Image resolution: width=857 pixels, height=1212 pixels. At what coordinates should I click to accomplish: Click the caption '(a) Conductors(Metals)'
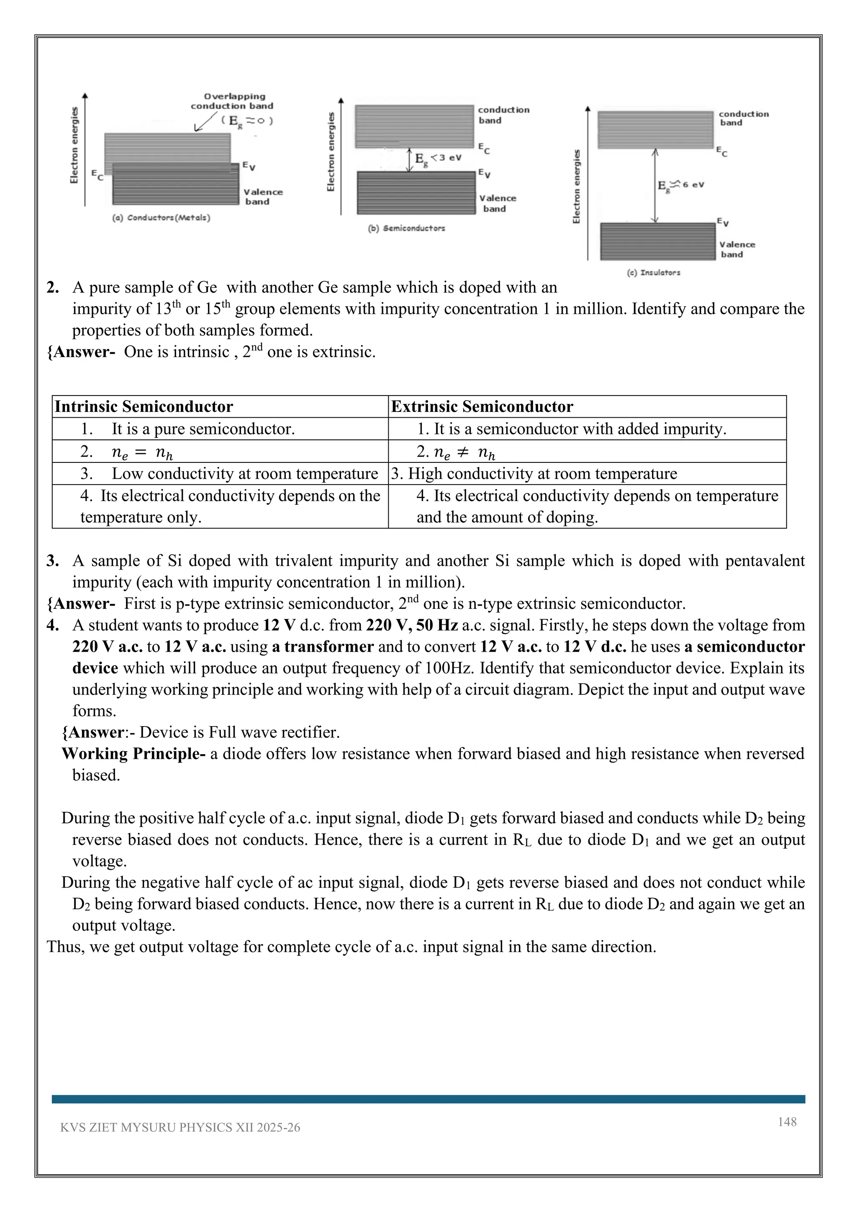[161, 218]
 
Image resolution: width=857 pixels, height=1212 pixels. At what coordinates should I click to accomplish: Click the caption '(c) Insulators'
[653, 273]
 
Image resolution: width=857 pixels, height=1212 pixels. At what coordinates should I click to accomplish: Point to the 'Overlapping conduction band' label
[232, 101]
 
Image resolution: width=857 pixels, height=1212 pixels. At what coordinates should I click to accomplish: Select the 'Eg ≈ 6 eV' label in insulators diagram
[681, 186]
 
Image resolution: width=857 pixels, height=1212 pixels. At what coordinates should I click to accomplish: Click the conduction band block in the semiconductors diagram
[414, 126]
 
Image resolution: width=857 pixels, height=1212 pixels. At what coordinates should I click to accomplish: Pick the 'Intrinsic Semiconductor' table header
[144, 406]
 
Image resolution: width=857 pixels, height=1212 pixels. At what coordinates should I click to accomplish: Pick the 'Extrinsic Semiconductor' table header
[482, 406]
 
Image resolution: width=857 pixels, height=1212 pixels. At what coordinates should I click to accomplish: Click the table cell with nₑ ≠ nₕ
[456, 452]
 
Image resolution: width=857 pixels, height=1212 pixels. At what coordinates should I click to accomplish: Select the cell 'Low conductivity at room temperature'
[244, 473]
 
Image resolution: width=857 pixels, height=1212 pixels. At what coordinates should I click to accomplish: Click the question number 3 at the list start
[53, 561]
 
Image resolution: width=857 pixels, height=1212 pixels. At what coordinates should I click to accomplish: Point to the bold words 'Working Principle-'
[133, 753]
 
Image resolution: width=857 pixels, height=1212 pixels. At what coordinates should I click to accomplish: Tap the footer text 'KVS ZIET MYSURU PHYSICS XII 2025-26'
[180, 1127]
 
